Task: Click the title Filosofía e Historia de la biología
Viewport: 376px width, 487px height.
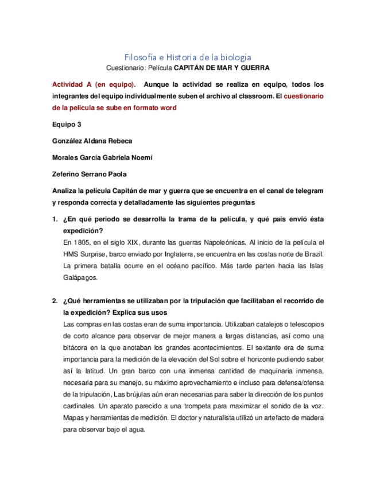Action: [188, 57]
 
